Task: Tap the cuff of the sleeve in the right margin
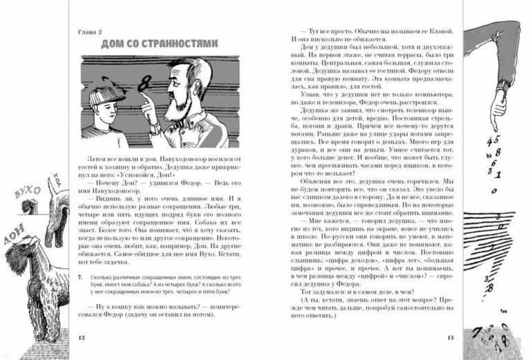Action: point(504,77)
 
